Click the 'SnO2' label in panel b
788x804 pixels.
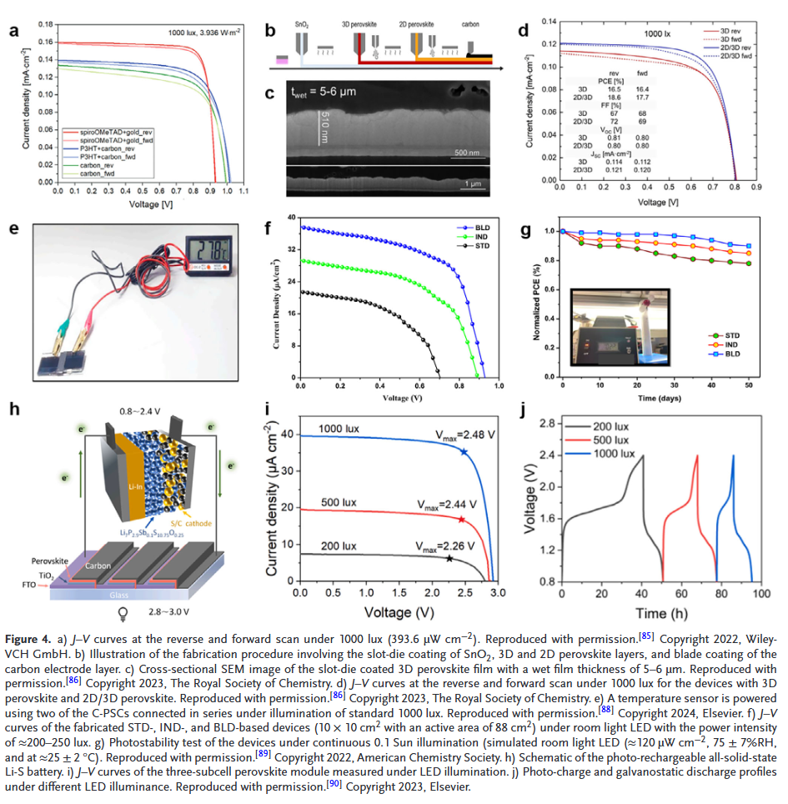point(301,26)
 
